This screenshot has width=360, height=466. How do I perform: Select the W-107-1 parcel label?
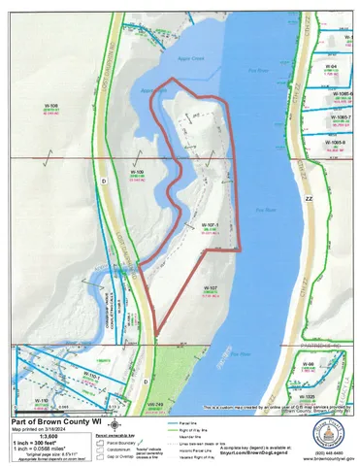211,224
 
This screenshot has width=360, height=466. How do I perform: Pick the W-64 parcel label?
331,65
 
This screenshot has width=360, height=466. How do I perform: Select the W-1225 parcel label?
336,396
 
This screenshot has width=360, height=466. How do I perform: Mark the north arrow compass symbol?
115,425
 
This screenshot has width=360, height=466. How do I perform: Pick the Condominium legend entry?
143,447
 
